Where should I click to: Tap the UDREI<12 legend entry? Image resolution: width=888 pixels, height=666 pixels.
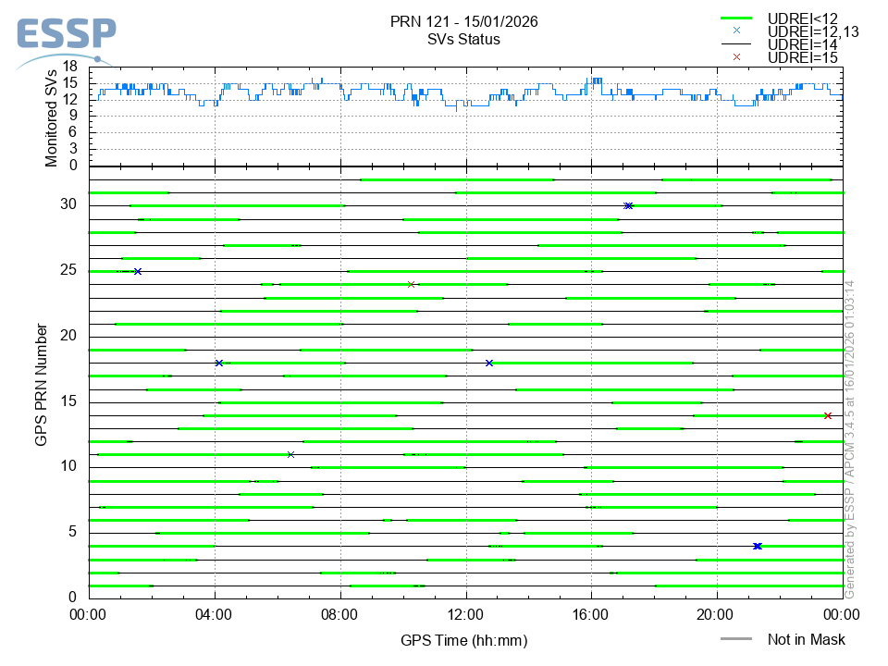tap(801, 18)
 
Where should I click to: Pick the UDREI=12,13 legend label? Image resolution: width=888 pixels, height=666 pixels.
tap(813, 31)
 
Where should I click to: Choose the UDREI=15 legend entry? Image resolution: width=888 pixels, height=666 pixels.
tap(802, 57)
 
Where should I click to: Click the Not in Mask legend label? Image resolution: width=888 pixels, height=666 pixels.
tap(806, 639)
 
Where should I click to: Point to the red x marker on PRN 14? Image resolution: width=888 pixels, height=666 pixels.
tap(828, 415)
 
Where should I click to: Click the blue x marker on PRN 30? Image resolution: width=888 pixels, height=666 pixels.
tap(628, 205)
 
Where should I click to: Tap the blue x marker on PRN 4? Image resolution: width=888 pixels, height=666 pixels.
tap(758, 546)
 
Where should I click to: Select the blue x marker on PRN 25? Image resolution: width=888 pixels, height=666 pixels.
tap(138, 271)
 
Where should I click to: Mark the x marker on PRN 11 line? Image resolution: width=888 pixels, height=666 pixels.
tap(290, 454)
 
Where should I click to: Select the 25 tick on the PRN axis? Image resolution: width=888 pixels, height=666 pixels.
tap(71, 271)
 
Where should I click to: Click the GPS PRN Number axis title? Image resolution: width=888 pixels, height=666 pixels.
tap(41, 384)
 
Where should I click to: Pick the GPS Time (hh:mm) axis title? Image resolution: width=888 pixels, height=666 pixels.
tap(463, 640)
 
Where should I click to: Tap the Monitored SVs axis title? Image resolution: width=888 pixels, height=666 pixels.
tap(52, 116)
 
